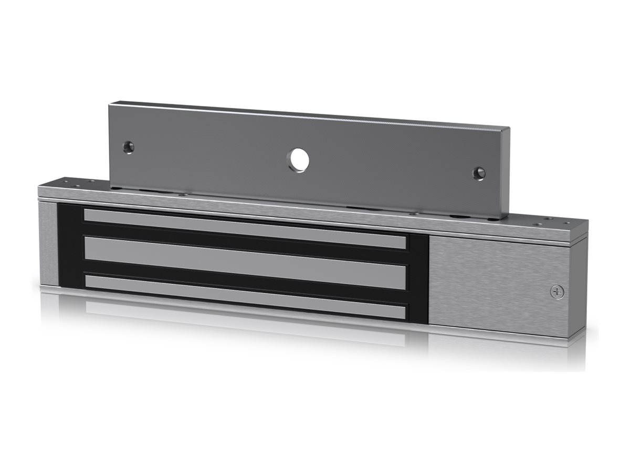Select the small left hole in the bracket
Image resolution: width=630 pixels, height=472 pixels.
[129, 147]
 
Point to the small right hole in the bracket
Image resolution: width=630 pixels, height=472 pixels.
[479, 173]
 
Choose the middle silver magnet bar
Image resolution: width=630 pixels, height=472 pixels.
[245, 261]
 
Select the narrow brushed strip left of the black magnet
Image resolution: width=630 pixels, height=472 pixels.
[47, 244]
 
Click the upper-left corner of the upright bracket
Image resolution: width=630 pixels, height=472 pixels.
[112, 105]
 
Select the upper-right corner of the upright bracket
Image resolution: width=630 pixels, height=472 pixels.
[507, 128]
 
